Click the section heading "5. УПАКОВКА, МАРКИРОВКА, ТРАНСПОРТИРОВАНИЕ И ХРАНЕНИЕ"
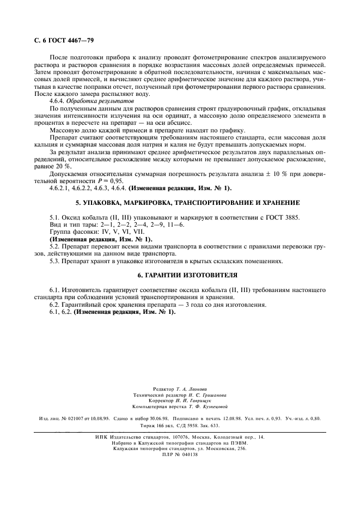point(180,202)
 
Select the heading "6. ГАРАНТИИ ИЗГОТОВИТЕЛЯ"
point(180,275)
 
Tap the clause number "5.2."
point(56,246)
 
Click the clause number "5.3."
point(56,261)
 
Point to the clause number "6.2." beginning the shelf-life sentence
point(56,305)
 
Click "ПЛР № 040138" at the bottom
point(180,454)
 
